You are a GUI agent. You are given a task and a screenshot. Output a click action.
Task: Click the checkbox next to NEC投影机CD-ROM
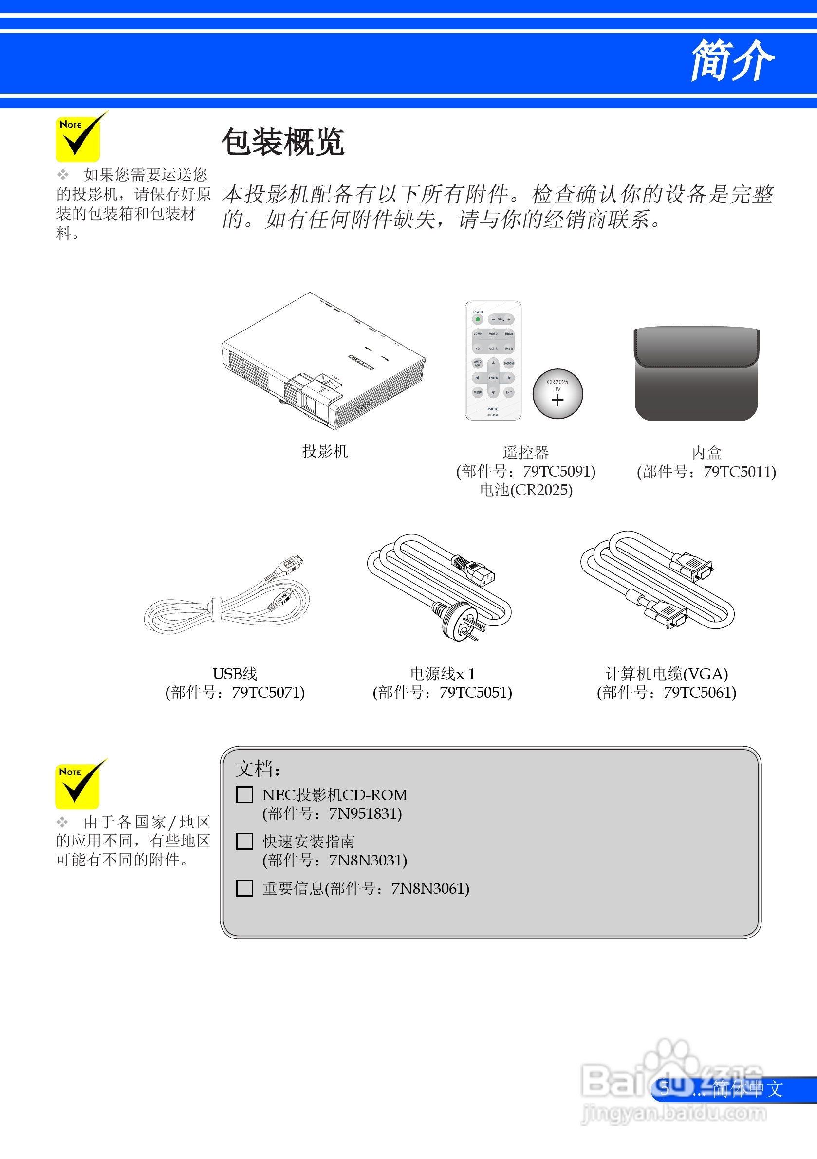tap(244, 794)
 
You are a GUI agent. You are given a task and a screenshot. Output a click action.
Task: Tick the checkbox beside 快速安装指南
tap(244, 841)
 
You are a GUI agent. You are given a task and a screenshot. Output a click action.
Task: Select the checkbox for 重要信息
tap(244, 888)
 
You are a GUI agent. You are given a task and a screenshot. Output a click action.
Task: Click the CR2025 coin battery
tap(557, 394)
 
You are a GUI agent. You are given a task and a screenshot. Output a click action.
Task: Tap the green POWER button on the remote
tap(477, 319)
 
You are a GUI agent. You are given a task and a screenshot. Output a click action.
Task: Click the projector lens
tap(309, 404)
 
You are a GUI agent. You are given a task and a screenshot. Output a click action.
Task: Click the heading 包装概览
tap(283, 142)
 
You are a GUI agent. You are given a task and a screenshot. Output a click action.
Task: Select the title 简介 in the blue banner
tap(732, 60)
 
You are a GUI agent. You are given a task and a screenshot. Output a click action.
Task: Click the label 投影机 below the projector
tap(325, 451)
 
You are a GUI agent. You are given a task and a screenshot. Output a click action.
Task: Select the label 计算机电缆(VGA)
tap(667, 674)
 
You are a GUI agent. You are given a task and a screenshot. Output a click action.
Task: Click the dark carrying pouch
tap(696, 373)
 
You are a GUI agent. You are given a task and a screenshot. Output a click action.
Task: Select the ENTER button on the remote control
tap(493, 378)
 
